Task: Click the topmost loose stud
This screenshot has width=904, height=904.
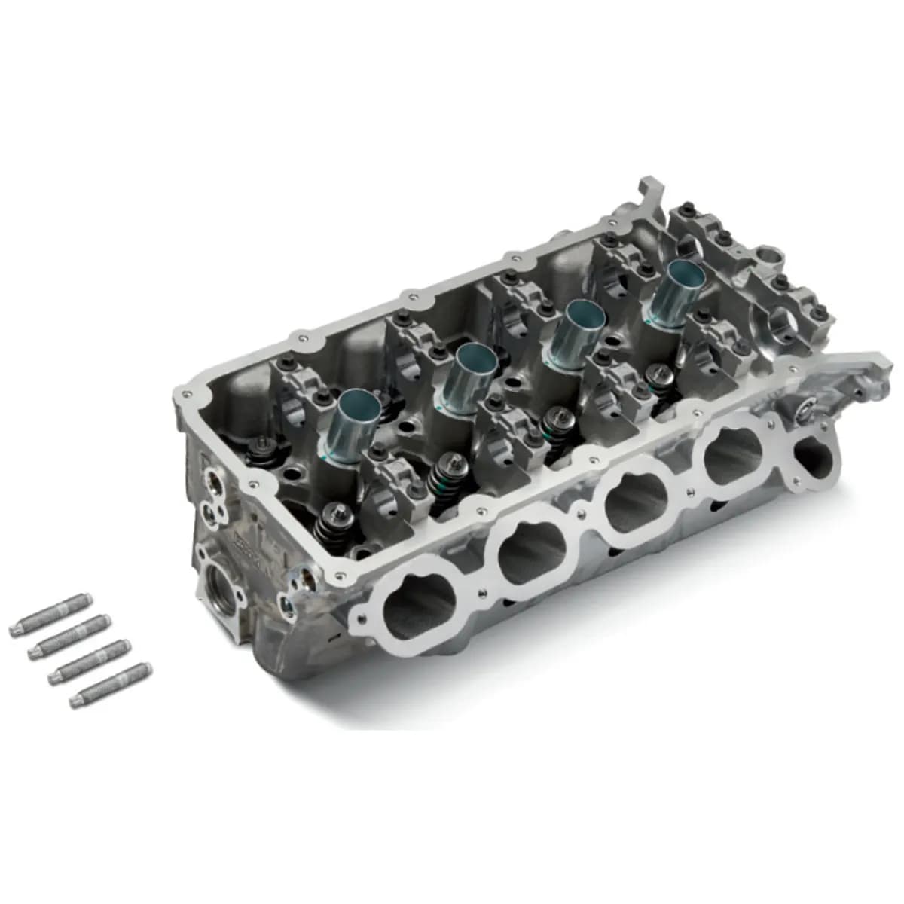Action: coord(50,619)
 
